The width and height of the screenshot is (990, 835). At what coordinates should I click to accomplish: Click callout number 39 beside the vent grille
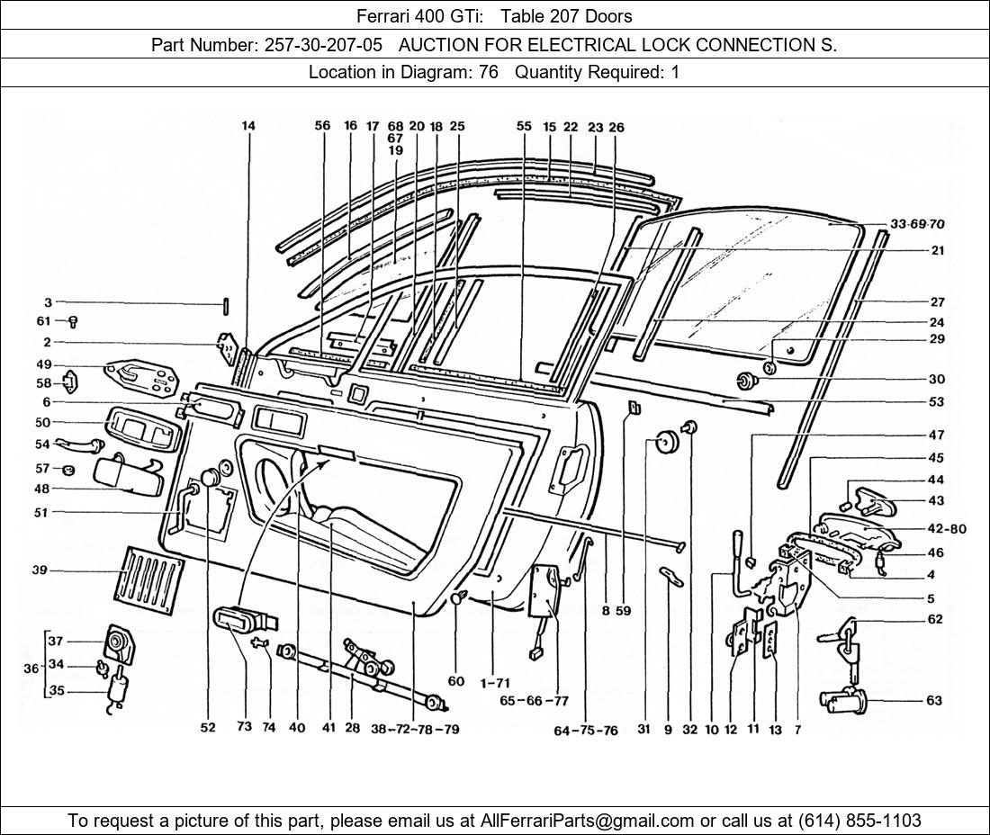(x=39, y=570)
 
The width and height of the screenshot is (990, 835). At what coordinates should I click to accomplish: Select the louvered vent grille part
(x=150, y=574)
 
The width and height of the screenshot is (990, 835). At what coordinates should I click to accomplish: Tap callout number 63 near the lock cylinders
(x=934, y=700)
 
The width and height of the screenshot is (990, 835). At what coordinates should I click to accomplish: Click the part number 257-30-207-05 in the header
(x=329, y=44)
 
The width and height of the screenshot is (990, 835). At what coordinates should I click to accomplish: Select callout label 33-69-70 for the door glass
(x=917, y=224)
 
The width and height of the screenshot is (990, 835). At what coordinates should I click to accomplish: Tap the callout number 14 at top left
(x=248, y=126)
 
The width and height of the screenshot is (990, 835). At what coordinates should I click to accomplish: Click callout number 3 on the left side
(x=49, y=302)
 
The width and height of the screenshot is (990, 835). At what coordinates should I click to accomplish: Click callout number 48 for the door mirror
(x=42, y=489)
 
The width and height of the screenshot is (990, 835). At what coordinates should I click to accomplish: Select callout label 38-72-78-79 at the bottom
(x=415, y=729)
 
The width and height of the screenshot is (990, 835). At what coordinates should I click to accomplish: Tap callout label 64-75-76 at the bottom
(x=586, y=731)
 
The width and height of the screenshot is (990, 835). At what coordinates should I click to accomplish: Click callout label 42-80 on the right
(x=946, y=528)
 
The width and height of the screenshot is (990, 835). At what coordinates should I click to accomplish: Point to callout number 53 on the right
(x=936, y=401)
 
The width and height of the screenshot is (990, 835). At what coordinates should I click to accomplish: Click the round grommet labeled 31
(x=667, y=444)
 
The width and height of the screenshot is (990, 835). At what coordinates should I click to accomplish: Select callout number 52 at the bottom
(x=208, y=728)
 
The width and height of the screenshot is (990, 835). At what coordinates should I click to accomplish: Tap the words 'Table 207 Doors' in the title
(x=566, y=15)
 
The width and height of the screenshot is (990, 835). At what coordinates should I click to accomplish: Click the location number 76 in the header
(x=488, y=72)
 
